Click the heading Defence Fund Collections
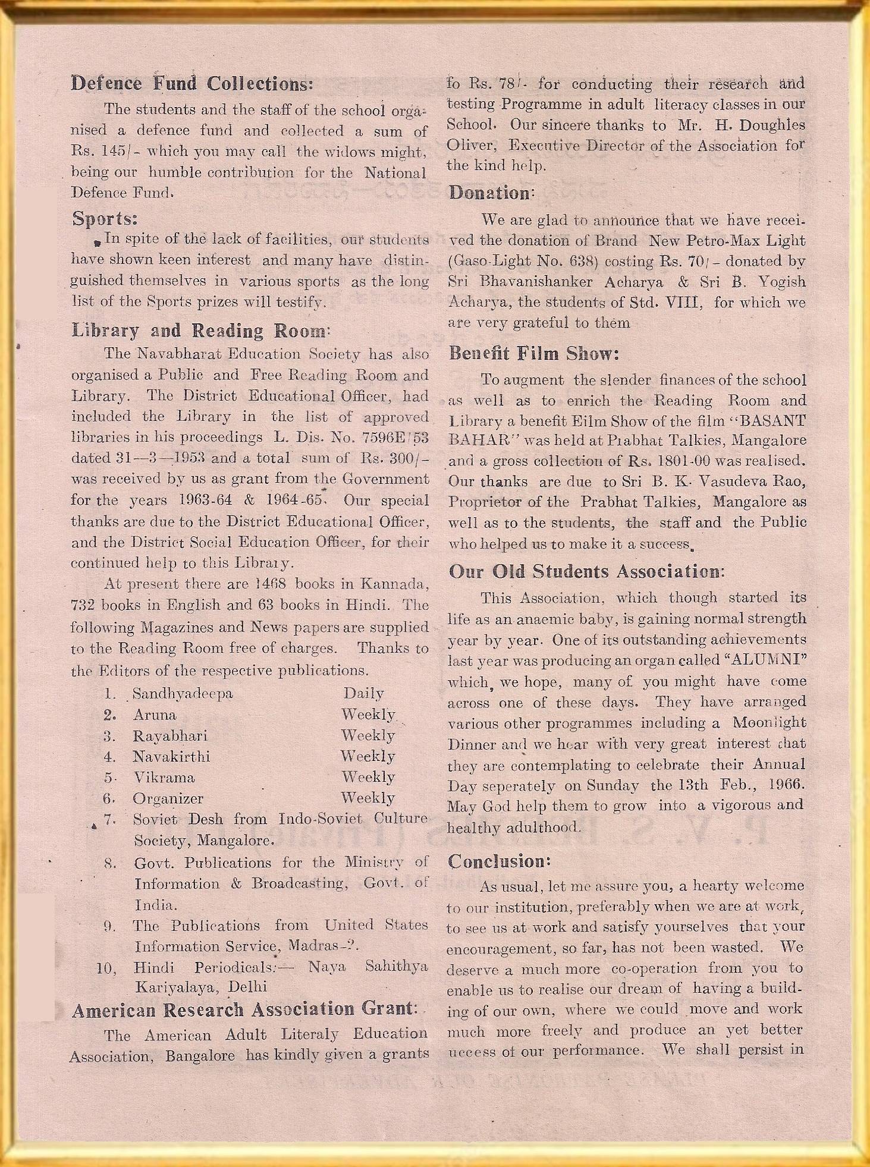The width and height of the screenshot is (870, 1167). coord(191,83)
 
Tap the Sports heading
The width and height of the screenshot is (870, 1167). coord(105,218)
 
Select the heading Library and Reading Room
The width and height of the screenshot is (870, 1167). coord(200,330)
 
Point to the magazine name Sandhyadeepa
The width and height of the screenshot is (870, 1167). coord(183,693)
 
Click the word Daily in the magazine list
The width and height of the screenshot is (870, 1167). coord(363,693)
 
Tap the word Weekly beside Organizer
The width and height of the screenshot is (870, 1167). coord(368,798)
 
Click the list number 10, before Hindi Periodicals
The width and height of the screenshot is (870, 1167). coord(106,968)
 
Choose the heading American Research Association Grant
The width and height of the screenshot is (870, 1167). coord(243,1009)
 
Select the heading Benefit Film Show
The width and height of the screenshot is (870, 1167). coord(534,354)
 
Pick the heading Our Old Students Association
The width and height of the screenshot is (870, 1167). coord(586,572)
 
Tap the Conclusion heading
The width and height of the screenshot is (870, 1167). coord(499,861)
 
